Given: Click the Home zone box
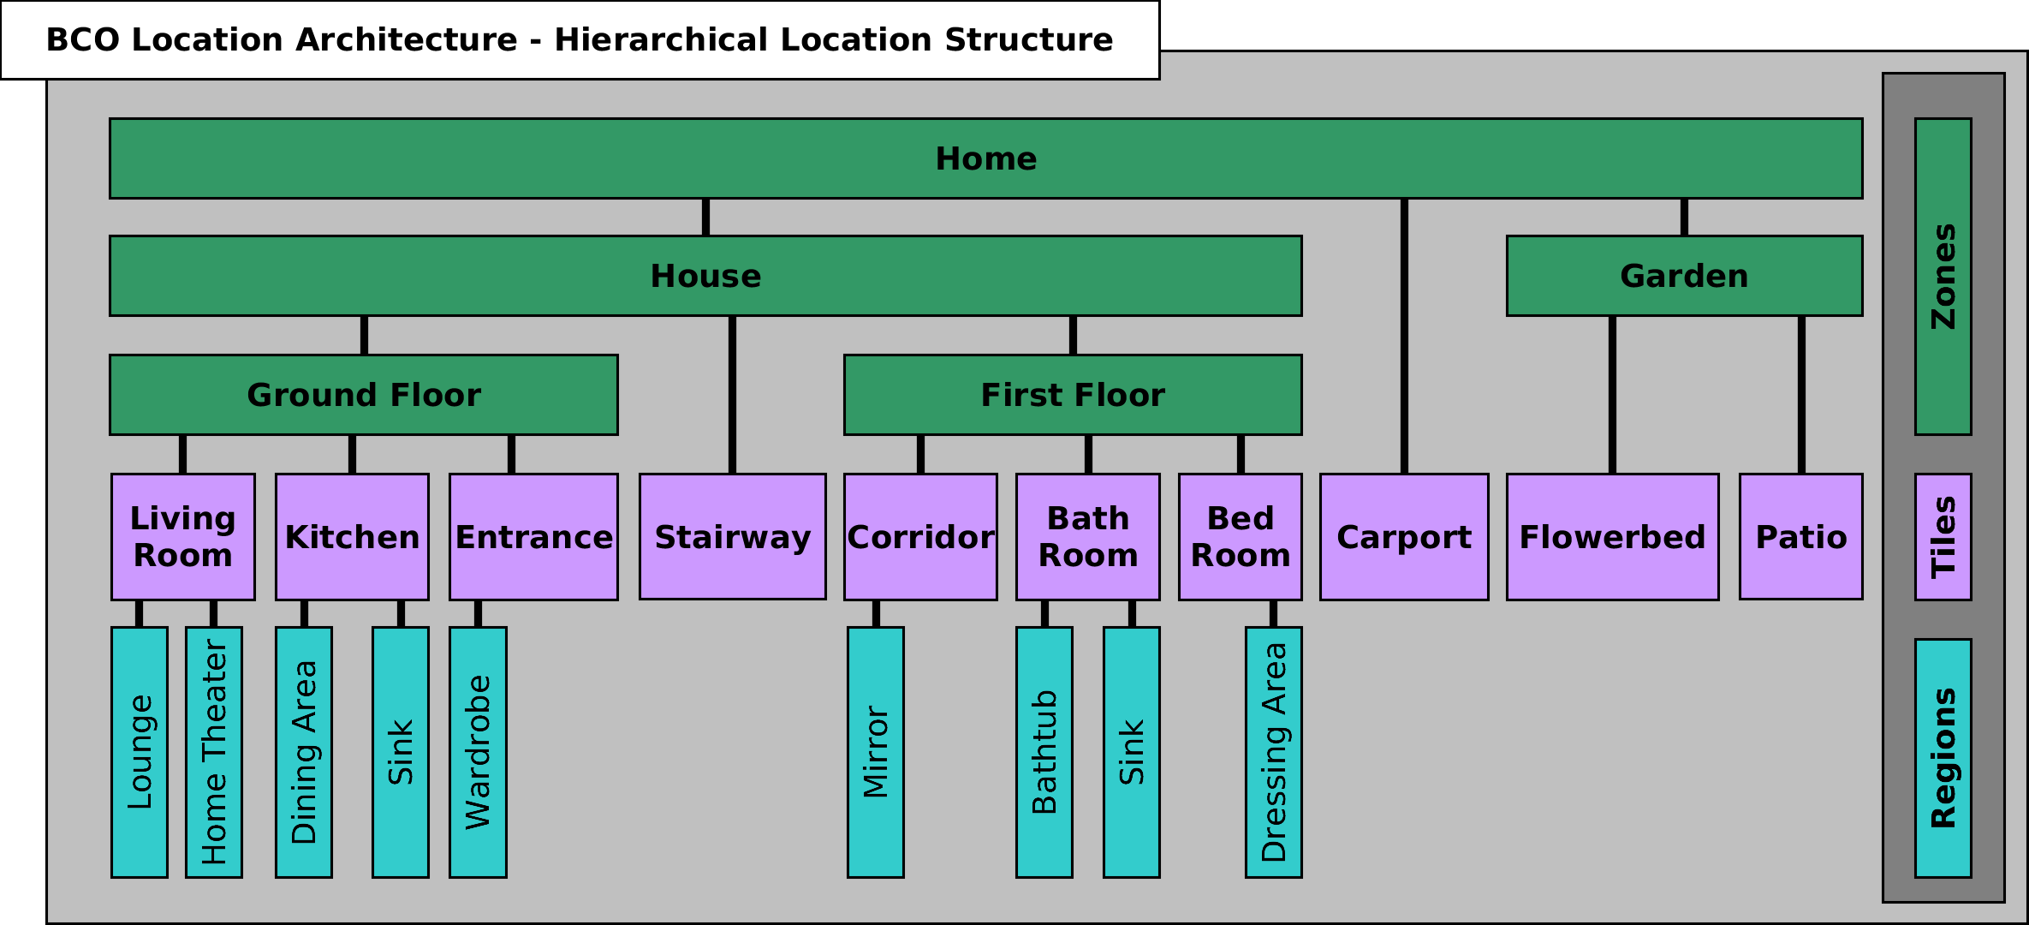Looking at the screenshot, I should [985, 158].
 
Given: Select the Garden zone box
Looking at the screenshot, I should [1684, 276].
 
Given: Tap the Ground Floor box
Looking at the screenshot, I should [363, 395].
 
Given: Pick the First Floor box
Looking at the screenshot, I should [1072, 395].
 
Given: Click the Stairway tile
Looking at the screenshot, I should [732, 537].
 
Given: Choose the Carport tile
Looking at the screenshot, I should [1403, 537].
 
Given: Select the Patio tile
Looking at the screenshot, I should [1800, 537].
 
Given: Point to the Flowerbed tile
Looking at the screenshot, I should [1612, 537].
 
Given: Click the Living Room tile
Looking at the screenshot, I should [182, 537].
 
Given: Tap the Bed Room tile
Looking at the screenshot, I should [1240, 537].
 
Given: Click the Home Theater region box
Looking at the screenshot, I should [214, 752].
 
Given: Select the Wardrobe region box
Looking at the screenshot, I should [478, 752].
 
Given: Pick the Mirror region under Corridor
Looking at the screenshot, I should [875, 752].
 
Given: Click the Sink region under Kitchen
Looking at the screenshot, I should [400, 752].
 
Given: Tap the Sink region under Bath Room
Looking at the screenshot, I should [1131, 752].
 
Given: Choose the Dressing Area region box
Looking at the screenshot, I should [1273, 752].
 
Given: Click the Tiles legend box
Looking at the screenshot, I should [1943, 537].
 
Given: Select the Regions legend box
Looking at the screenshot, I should [1943, 758].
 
